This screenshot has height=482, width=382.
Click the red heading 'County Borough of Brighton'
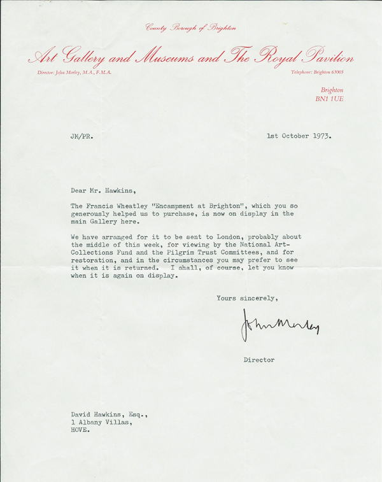[190, 27]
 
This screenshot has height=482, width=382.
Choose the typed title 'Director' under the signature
[259, 360]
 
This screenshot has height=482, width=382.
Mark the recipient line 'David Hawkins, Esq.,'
[108, 414]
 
